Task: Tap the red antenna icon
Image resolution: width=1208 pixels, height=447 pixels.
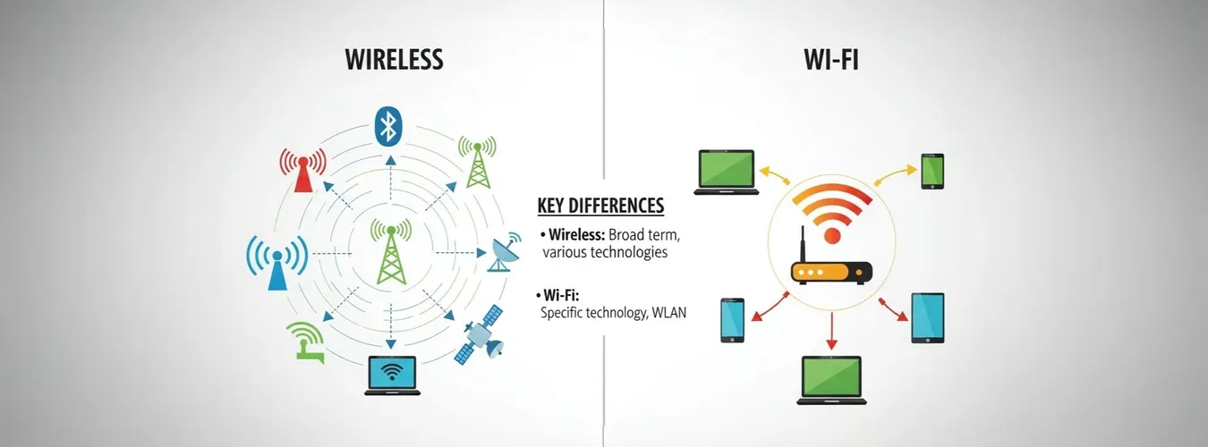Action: point(302,169)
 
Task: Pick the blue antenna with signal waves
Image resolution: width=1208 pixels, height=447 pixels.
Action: point(276,262)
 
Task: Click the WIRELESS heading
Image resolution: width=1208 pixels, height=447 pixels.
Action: point(394,60)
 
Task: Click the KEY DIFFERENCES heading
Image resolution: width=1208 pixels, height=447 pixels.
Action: point(600,206)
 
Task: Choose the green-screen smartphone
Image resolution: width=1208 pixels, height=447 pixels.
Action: point(932,172)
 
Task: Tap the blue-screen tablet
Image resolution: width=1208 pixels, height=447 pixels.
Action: point(927,318)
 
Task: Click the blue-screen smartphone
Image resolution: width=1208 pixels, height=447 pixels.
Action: point(733,320)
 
